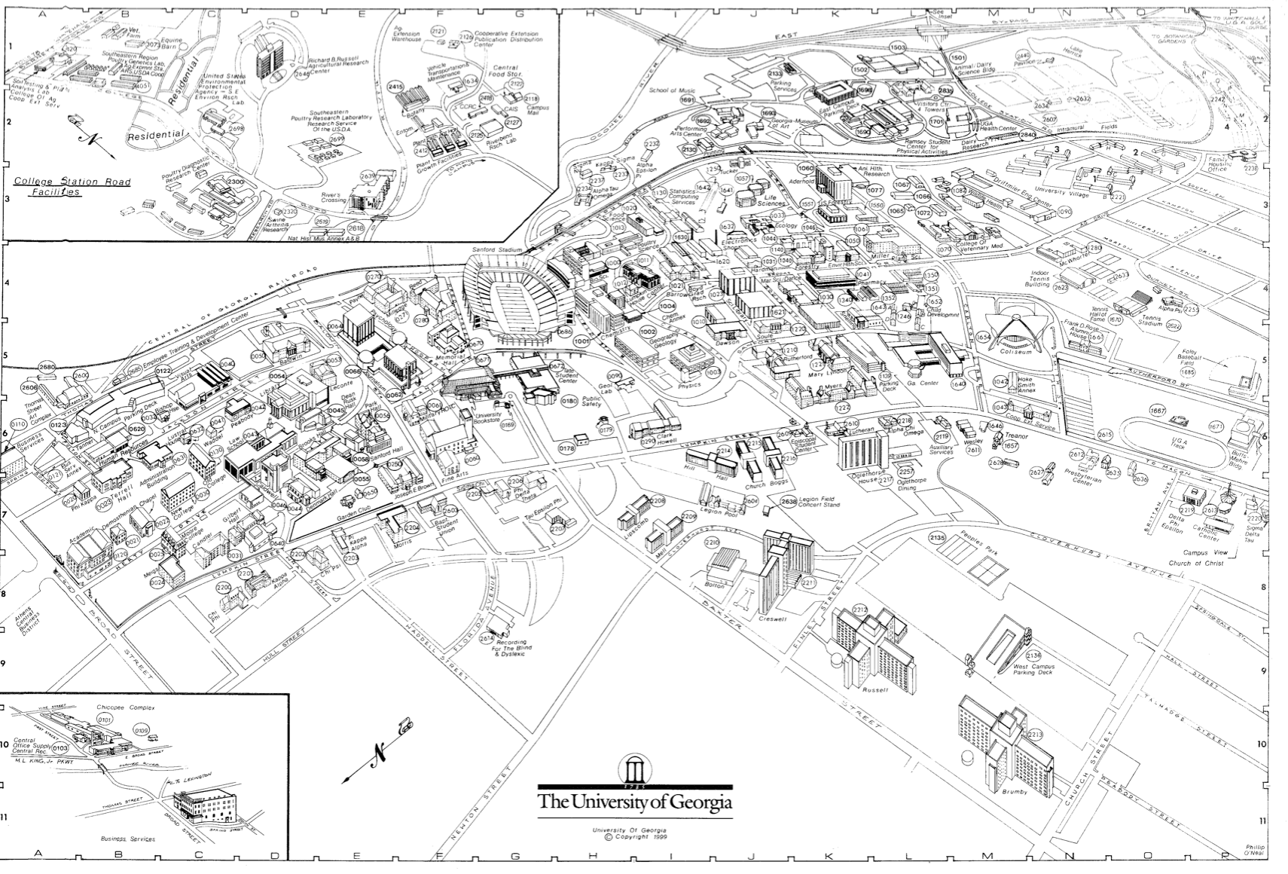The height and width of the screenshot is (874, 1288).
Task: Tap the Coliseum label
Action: click(1013, 352)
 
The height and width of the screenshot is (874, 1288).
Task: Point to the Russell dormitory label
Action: click(876, 689)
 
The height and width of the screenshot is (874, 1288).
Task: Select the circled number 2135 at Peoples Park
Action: click(937, 538)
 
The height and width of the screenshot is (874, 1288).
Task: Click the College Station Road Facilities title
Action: click(72, 187)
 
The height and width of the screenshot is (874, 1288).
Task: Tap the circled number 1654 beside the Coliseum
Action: click(983, 338)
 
